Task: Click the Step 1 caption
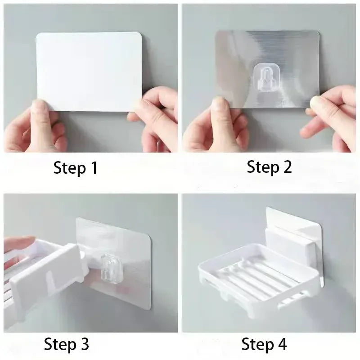point(75,168)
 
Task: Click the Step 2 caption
point(269,167)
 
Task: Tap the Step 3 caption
point(66,344)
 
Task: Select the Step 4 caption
point(264,345)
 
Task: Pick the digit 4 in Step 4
point(282,345)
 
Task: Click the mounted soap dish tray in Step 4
point(252,274)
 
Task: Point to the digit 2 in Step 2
point(287,167)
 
